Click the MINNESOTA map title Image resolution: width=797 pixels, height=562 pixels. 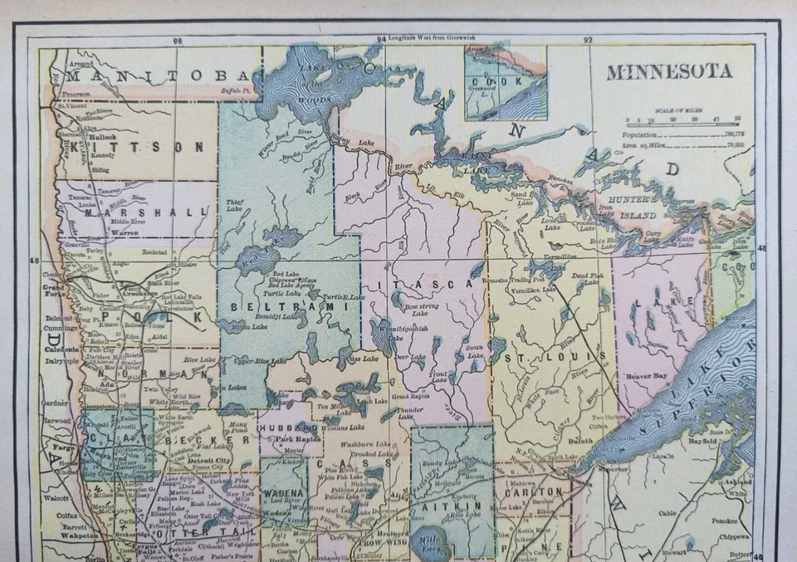668,71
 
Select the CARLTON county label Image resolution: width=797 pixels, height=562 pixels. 533,491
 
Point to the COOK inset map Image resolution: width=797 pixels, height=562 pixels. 506,82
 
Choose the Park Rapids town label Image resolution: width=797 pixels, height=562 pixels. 298,437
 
